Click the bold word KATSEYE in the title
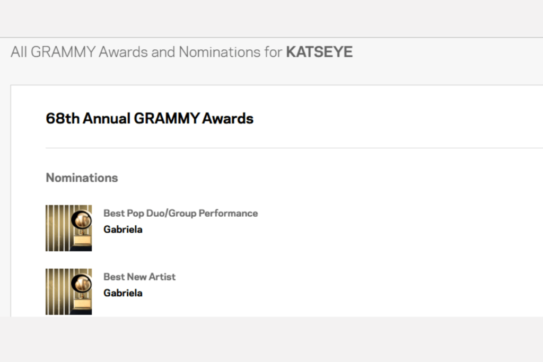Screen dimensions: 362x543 pos(319,52)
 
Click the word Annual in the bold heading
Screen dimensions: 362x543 pos(106,118)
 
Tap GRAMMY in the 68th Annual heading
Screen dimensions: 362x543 pos(167,118)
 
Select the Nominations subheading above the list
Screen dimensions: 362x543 pos(82,178)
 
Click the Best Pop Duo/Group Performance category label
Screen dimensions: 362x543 pos(180,213)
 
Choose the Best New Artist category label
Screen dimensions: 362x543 pos(139,277)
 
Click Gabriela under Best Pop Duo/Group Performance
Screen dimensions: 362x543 pos(122,229)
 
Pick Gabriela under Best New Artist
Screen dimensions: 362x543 pos(122,293)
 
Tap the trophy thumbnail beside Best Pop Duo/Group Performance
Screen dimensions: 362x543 pos(68,228)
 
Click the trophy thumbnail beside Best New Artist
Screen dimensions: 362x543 pos(68,292)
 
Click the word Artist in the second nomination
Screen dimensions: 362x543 pos(162,277)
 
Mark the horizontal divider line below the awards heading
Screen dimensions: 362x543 pos(292,148)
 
